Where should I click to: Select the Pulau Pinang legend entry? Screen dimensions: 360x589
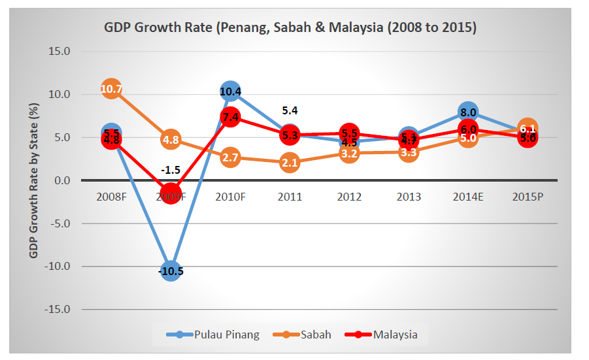pyautogui.click(x=226, y=335)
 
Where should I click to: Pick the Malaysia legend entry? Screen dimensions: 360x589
pyautogui.click(x=395, y=335)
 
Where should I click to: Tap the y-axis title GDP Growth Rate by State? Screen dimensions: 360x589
pyautogui.click(x=33, y=180)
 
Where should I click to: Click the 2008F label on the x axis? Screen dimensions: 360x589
pyautogui.click(x=111, y=197)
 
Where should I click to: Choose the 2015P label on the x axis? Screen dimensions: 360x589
pyautogui.click(x=528, y=197)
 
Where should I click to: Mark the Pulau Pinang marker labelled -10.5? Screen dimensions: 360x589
pyautogui.click(x=171, y=270)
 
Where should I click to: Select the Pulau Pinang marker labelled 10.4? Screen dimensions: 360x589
pyautogui.click(x=230, y=91)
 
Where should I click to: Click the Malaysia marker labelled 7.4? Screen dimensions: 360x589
pyautogui.click(x=230, y=117)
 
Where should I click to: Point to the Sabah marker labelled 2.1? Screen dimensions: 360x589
pyautogui.click(x=290, y=162)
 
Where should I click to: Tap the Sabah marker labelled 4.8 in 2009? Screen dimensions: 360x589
pyautogui.click(x=171, y=139)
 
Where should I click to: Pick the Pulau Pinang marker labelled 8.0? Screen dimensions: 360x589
pyautogui.click(x=467, y=112)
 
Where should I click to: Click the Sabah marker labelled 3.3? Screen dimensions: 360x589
pyautogui.click(x=408, y=152)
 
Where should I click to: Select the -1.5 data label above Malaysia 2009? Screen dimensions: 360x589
pyautogui.click(x=171, y=169)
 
